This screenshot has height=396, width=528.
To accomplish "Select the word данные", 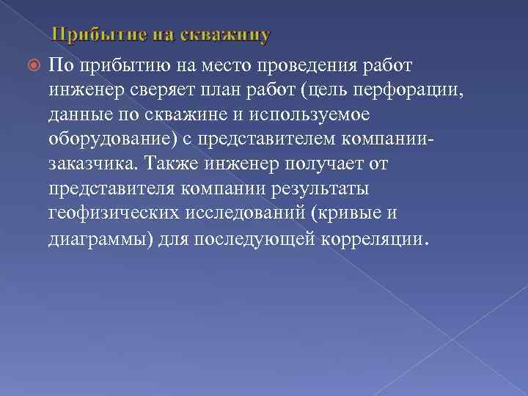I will coord(76,115).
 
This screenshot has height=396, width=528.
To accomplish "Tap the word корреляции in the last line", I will coord(371,238).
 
